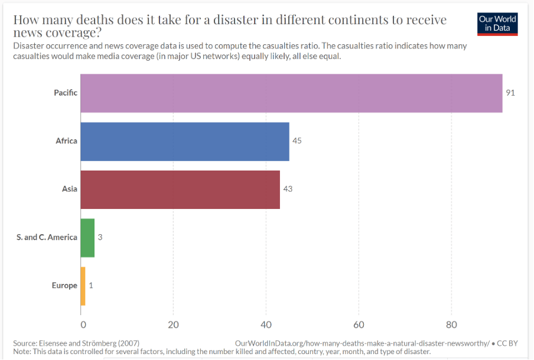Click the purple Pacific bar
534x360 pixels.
(291, 93)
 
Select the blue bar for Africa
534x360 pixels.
(184, 141)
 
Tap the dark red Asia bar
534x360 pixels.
(180, 189)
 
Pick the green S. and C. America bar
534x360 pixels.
(87, 237)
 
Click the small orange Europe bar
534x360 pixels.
(83, 286)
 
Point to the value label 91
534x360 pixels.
(510, 93)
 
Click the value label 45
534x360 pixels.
(297, 141)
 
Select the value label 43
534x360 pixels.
(288, 189)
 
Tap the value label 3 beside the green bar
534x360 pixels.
(100, 237)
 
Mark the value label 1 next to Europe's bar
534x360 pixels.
(91, 286)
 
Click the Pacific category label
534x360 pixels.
(66, 93)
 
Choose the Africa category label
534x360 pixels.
(67, 141)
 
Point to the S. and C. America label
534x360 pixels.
(47, 237)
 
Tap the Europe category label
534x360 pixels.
(64, 286)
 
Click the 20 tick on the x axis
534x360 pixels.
(173, 324)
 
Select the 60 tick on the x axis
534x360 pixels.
(359, 324)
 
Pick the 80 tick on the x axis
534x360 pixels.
(451, 324)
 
